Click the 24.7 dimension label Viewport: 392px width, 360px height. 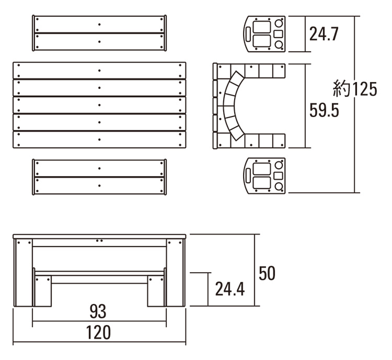(324, 34)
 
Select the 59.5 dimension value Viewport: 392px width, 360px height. (324, 110)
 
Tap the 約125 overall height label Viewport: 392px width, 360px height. (355, 88)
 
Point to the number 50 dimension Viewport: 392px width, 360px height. (267, 273)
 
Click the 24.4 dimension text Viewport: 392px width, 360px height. (230, 289)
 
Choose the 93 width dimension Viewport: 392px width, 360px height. (98, 311)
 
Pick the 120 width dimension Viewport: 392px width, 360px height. (98, 332)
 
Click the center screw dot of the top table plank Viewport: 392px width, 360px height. (99, 71)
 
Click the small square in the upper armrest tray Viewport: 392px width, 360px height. (278, 34)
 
